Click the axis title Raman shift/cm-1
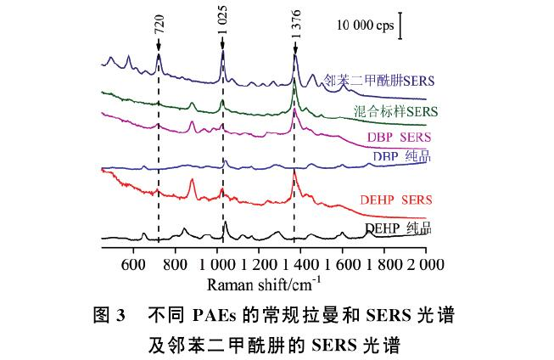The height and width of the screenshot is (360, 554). pyautogui.click(x=265, y=281)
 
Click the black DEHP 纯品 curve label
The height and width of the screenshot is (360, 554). pyautogui.click(x=399, y=228)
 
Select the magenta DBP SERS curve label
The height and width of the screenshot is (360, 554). pyautogui.click(x=400, y=137)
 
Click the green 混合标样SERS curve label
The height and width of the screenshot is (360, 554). pyautogui.click(x=395, y=111)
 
